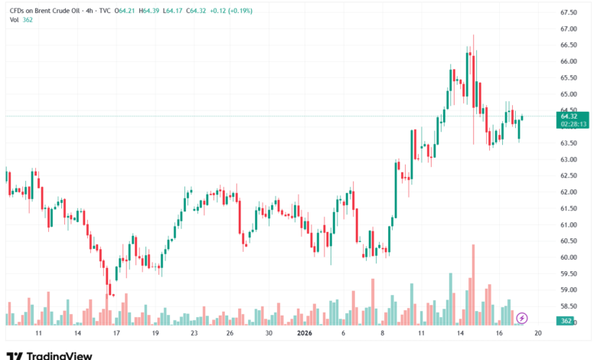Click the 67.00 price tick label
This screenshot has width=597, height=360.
(569, 29)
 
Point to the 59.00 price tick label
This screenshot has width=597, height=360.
(569, 290)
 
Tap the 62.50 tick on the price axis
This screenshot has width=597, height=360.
(569, 176)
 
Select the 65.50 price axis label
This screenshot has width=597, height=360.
(569, 78)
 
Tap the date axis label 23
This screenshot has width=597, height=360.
(194, 334)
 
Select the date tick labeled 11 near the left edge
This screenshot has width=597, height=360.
(38, 334)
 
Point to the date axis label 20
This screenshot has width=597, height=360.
(538, 334)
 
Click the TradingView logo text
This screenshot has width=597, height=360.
(59, 355)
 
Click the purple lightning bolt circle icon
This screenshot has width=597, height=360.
(522, 317)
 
